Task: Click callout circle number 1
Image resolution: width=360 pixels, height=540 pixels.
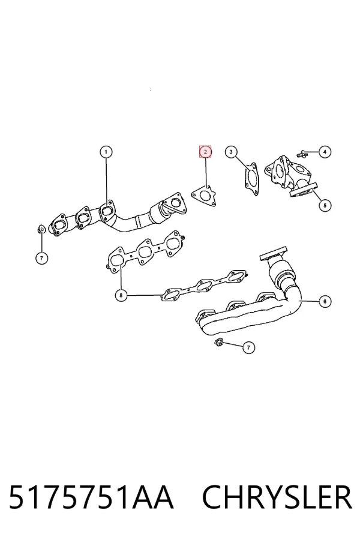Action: coord(106,152)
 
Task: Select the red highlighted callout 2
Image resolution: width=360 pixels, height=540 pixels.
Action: coord(205,152)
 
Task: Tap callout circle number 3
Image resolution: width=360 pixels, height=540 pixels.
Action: coord(231,152)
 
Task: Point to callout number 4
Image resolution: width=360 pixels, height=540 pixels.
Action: coord(325,152)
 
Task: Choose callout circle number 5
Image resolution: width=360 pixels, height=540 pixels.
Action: coord(325,205)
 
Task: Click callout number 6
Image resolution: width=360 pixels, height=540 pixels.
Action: coord(325,301)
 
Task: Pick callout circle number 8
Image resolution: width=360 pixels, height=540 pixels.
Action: coord(121,295)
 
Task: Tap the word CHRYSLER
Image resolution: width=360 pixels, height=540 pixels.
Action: coord(277,497)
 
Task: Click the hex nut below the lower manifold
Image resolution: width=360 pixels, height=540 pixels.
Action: coord(218,342)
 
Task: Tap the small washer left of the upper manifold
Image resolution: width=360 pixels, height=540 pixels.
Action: coord(41,228)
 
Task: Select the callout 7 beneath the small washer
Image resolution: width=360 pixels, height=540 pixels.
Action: coord(41,257)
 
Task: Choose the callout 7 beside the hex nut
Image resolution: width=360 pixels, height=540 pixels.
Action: coord(248,347)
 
